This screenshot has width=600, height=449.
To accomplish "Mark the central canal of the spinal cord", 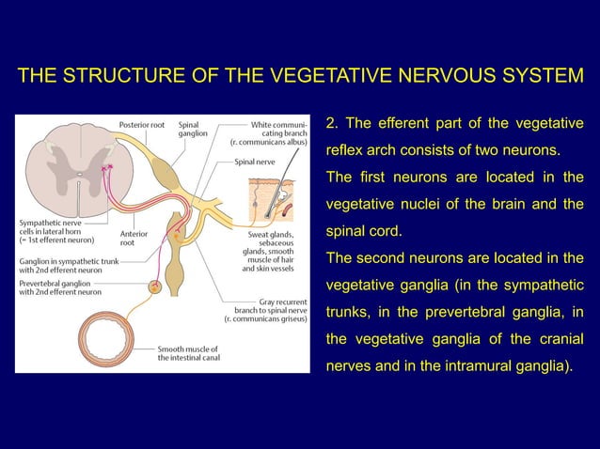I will (x=69, y=167).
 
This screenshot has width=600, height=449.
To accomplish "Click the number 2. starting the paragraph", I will (x=331, y=124).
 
